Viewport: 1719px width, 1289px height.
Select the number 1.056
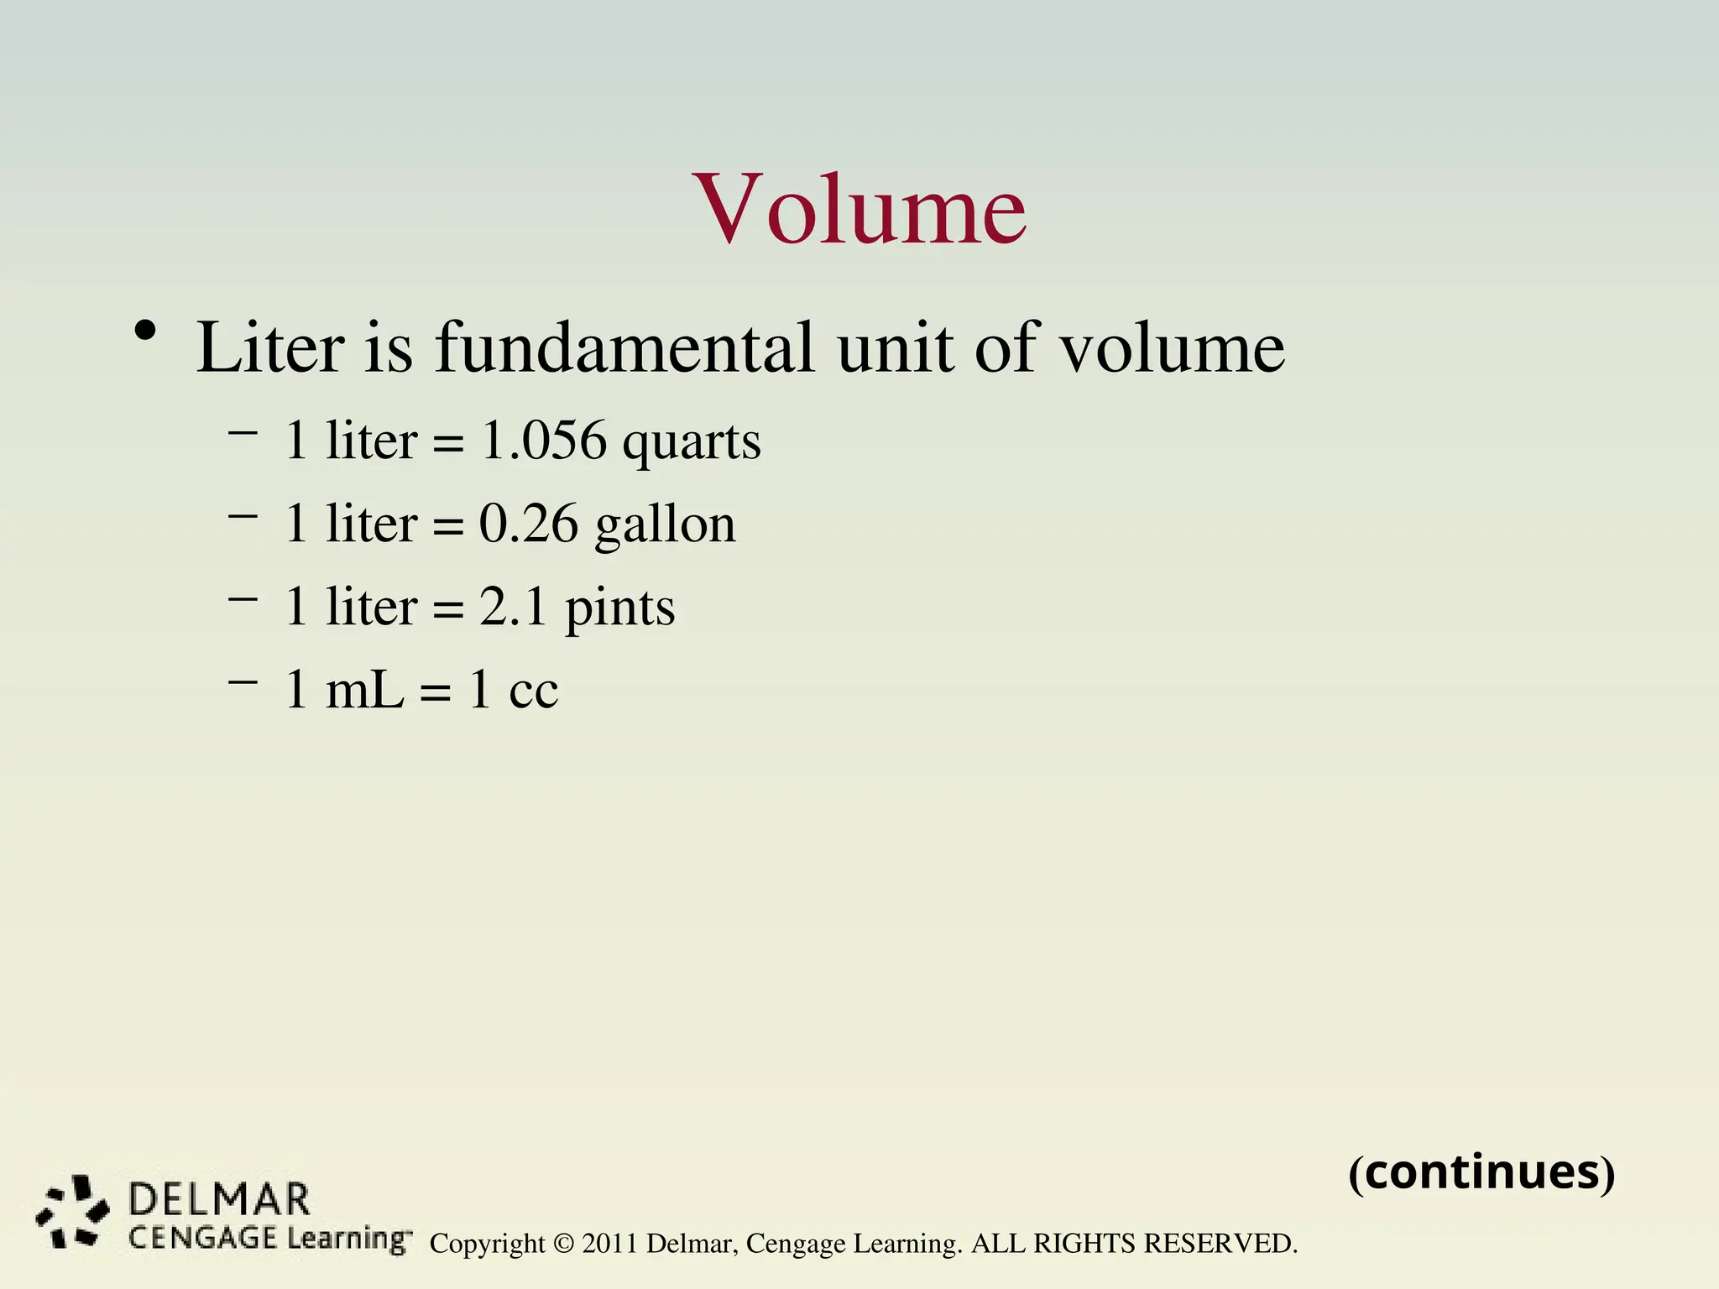click(x=543, y=440)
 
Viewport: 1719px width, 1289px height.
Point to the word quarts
click(x=692, y=442)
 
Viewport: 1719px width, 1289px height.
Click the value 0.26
click(x=529, y=524)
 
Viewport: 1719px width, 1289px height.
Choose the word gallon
click(x=665, y=526)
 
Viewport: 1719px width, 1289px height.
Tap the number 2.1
click(x=513, y=606)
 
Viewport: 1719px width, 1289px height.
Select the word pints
click(x=619, y=608)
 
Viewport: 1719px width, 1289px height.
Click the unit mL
click(x=364, y=690)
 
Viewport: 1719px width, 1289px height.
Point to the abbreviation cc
click(x=533, y=691)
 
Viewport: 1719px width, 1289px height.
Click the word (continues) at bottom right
click(x=1481, y=1172)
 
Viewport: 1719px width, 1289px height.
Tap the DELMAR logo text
click(x=219, y=1200)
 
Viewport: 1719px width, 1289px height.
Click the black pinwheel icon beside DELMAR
click(x=73, y=1210)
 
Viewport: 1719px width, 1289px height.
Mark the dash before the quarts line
click(x=242, y=433)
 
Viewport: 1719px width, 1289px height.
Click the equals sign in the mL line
click(x=436, y=692)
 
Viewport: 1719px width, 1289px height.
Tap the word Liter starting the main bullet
click(x=270, y=347)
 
